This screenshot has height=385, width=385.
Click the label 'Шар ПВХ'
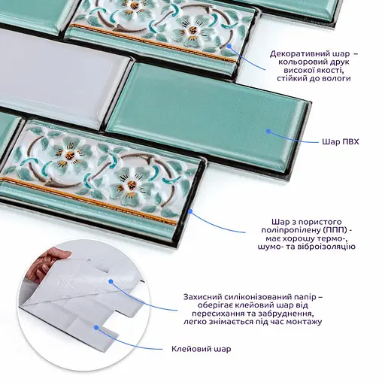[341, 142]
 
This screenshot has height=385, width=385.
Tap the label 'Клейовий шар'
[202, 349]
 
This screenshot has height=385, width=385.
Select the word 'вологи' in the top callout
[336, 78]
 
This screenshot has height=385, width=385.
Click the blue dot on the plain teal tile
[268, 131]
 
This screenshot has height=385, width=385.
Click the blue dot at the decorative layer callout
[229, 46]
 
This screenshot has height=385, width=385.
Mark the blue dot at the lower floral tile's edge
[190, 211]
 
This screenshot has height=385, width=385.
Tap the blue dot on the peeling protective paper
[111, 281]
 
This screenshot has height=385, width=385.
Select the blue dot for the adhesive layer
[96, 327]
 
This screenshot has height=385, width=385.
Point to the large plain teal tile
[208, 113]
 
